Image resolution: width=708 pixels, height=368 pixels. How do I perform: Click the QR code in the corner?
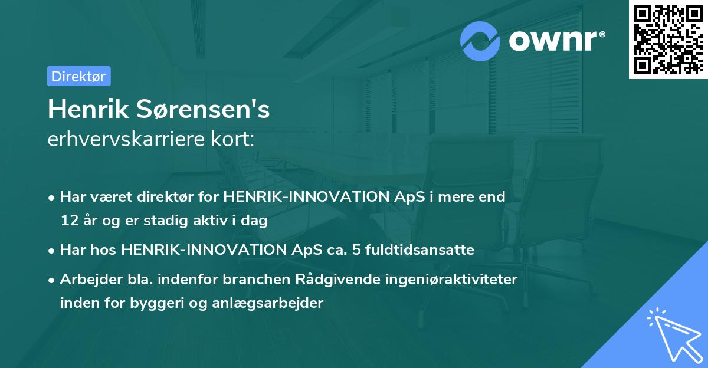[668, 40]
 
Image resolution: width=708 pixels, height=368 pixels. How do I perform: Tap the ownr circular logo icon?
[480, 42]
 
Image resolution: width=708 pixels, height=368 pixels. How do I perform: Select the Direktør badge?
[78, 76]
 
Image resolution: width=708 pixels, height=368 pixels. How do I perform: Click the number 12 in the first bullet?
[68, 221]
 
